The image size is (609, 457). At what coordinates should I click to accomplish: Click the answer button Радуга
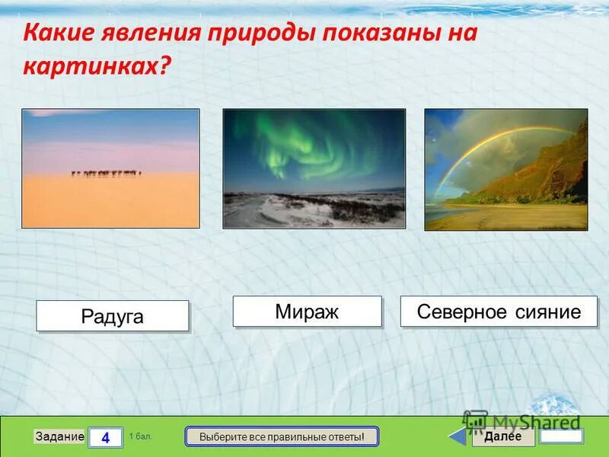pyautogui.click(x=112, y=316)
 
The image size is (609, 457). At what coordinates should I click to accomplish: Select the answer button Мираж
pyautogui.click(x=307, y=312)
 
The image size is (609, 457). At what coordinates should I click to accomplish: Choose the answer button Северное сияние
pyautogui.click(x=499, y=312)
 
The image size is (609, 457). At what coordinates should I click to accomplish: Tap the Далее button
pyautogui.click(x=502, y=436)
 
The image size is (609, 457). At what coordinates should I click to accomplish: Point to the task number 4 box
pyautogui.click(x=105, y=437)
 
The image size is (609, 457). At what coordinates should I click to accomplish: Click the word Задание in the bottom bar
pyautogui.click(x=60, y=436)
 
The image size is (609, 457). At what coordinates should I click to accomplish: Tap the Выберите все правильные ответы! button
pyautogui.click(x=282, y=436)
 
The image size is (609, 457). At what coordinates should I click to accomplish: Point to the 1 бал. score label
pyautogui.click(x=140, y=436)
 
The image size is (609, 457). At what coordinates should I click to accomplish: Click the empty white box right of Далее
pyautogui.click(x=561, y=436)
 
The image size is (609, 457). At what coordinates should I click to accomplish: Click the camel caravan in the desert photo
pyautogui.click(x=107, y=174)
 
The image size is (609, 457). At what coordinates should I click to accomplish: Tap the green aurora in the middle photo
pyautogui.click(x=304, y=145)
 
